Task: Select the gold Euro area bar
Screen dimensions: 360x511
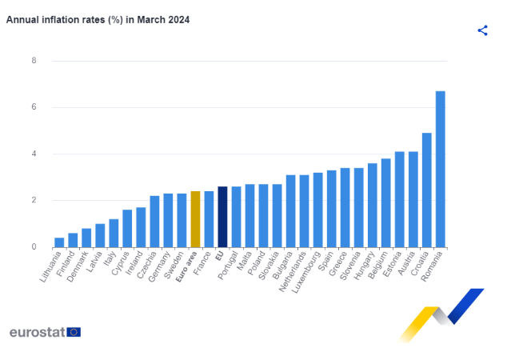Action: (x=195, y=219)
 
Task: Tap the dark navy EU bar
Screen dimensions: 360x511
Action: (x=222, y=217)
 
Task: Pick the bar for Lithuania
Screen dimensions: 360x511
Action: (x=59, y=242)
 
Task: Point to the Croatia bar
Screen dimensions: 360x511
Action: (x=426, y=190)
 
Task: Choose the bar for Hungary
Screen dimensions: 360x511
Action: (x=372, y=206)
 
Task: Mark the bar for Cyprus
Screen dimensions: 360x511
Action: (x=127, y=229)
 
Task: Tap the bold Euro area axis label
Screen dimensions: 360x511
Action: (x=186, y=266)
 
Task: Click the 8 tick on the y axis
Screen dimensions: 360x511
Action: (x=34, y=61)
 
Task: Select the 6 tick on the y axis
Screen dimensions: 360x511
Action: (x=34, y=107)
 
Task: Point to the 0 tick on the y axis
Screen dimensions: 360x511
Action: (x=34, y=247)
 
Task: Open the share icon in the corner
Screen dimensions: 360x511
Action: (x=482, y=30)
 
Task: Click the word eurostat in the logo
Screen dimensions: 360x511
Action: (x=37, y=332)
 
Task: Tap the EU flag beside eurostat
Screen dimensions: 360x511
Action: (x=74, y=332)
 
